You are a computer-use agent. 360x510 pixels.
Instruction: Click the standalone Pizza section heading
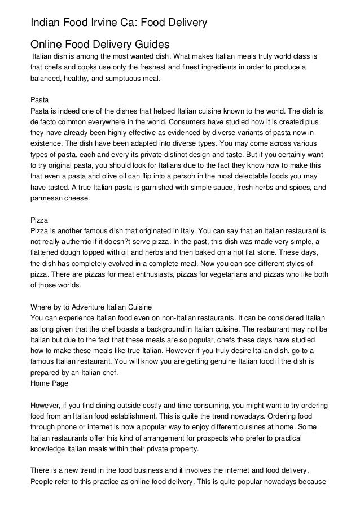pos(38,219)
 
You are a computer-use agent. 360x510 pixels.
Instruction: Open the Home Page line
pos(49,383)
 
